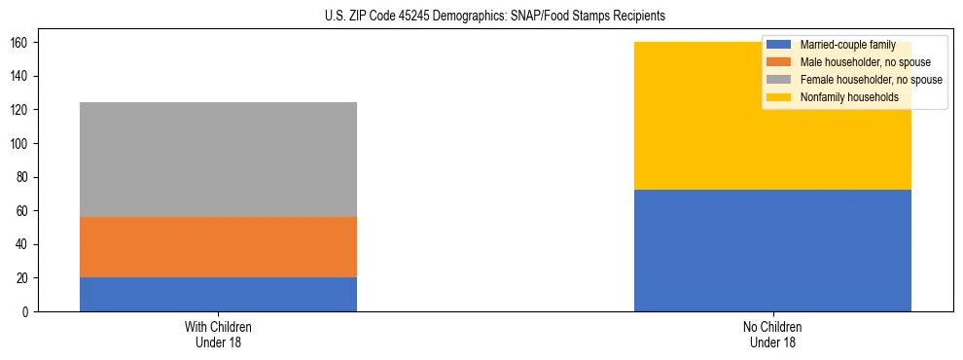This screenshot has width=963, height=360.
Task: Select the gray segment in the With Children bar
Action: click(x=218, y=160)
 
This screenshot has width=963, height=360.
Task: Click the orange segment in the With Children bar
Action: click(x=218, y=247)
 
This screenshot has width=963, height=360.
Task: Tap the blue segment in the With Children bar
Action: click(x=218, y=294)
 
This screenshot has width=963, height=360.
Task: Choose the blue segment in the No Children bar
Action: click(x=772, y=250)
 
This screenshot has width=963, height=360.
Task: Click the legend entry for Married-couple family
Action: click(x=847, y=45)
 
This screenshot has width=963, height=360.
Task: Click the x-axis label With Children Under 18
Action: click(x=218, y=334)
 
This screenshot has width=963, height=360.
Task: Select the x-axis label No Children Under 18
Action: click(x=772, y=334)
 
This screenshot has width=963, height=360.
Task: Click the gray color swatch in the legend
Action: click(x=779, y=80)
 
